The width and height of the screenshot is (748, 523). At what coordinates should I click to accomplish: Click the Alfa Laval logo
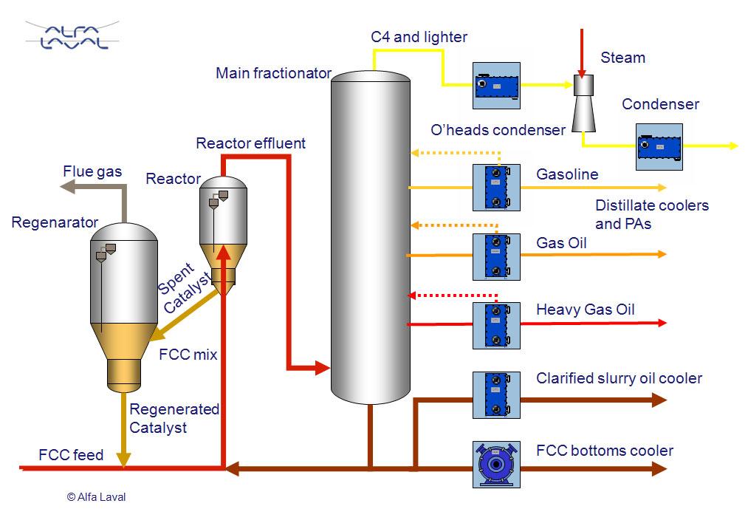(72, 35)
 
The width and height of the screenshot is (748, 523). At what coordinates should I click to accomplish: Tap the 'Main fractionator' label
(273, 73)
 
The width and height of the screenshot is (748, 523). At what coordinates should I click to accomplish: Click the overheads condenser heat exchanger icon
(496, 86)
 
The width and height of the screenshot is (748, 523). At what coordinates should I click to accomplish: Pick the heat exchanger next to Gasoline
(496, 188)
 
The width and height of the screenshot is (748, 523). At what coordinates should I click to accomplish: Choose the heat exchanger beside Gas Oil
(496, 256)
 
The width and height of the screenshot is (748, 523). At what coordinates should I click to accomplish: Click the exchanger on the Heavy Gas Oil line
(496, 325)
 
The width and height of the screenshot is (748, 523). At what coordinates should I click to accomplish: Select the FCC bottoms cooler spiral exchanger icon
(496, 464)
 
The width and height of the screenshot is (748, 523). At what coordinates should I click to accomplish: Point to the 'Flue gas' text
(92, 172)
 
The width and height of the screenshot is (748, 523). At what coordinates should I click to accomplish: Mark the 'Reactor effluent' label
(250, 143)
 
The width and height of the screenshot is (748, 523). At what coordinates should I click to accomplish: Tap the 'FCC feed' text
(71, 455)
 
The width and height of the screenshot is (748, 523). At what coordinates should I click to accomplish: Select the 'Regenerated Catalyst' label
(174, 418)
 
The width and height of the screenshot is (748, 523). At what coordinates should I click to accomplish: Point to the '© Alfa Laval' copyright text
(96, 497)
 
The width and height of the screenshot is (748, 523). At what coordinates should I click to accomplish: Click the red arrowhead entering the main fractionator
(322, 366)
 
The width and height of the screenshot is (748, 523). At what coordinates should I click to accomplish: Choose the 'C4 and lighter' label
(419, 37)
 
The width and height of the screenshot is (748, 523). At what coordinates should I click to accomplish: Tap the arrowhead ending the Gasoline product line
(662, 188)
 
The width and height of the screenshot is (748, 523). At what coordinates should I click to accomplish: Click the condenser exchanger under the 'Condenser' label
(659, 146)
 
